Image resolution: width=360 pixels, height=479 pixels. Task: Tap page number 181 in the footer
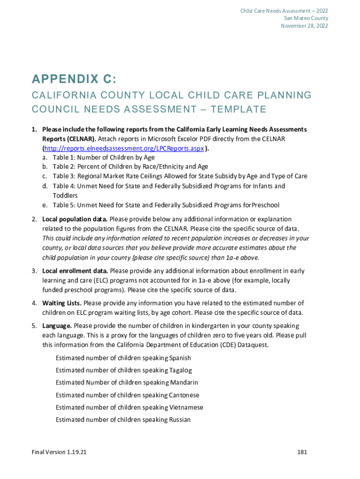pyautogui.click(x=302, y=452)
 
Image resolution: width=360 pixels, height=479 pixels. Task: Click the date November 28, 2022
pyautogui.click(x=304, y=26)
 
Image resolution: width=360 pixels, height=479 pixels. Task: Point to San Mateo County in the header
pyautogui.click(x=306, y=18)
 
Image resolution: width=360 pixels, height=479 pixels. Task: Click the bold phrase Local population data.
pyautogui.click(x=75, y=219)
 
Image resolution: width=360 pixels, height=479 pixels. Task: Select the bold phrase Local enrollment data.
pyautogui.click(x=75, y=271)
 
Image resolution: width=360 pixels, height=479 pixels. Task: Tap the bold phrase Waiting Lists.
pyautogui.click(x=62, y=303)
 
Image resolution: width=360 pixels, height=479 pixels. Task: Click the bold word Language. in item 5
pyautogui.click(x=57, y=326)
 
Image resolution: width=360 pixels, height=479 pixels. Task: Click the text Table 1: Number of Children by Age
pyautogui.click(x=103, y=157)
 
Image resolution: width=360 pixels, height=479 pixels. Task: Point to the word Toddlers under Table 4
pyautogui.click(x=65, y=196)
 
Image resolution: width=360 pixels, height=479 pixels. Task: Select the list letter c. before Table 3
pyautogui.click(x=45, y=176)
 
